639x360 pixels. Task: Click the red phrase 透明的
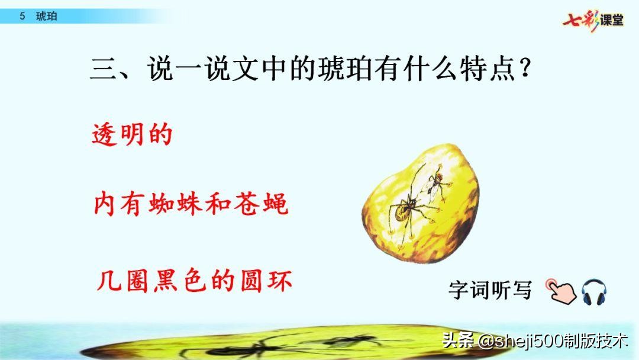(x=132, y=134)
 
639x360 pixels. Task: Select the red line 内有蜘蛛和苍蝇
(x=191, y=204)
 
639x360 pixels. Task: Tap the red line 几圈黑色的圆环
(x=194, y=280)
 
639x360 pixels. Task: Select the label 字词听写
(x=490, y=291)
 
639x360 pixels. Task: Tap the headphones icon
(x=593, y=292)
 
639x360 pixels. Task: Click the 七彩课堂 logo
(x=592, y=20)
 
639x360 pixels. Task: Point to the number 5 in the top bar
(x=22, y=17)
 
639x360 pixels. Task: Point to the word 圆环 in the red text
(x=268, y=280)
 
